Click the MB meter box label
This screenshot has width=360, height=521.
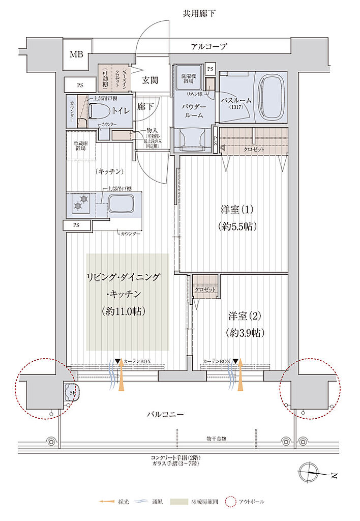tap(76, 54)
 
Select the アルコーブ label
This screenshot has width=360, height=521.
tap(208, 46)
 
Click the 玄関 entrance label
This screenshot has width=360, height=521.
tap(149, 80)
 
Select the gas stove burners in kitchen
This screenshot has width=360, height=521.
tap(80, 202)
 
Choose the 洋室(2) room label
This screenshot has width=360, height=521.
tap(244, 316)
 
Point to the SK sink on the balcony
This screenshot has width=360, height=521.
tap(73, 392)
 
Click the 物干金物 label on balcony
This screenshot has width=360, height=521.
tap(216, 438)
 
